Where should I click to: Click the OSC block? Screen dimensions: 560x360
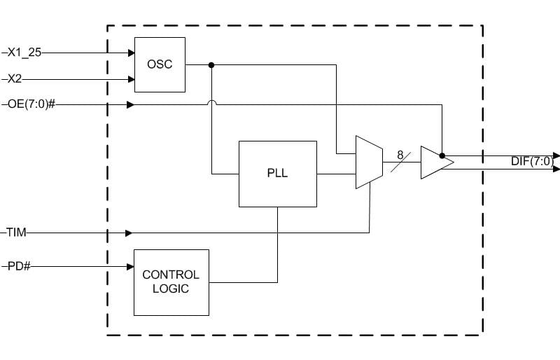tap(160, 64)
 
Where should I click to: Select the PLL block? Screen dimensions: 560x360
tap(277, 174)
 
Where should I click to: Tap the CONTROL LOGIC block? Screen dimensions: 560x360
tap(171, 282)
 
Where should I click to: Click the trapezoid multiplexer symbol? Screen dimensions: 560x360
tap(370, 162)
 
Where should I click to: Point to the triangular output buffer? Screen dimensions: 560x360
tap(437, 162)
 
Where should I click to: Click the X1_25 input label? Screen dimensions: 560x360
tap(24, 53)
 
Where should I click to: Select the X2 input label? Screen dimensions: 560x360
tap(15, 78)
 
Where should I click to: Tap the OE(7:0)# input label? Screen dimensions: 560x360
tap(31, 104)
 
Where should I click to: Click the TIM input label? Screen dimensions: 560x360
tap(16, 233)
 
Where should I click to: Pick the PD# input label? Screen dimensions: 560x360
tap(19, 266)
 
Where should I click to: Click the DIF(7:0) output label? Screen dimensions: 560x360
tap(532, 161)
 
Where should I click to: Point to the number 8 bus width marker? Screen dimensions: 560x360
tap(400, 155)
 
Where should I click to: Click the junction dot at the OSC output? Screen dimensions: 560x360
tap(211, 65)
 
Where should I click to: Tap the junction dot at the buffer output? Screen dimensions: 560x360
tap(442, 156)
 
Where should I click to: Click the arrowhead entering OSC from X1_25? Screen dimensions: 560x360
tap(132, 53)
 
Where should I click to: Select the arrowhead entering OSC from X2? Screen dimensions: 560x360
tap(132, 79)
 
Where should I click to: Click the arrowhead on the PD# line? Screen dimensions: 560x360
tap(131, 267)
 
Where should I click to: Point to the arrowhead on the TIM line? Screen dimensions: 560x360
tap(129, 233)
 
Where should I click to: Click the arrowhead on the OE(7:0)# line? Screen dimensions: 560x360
tap(131, 105)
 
